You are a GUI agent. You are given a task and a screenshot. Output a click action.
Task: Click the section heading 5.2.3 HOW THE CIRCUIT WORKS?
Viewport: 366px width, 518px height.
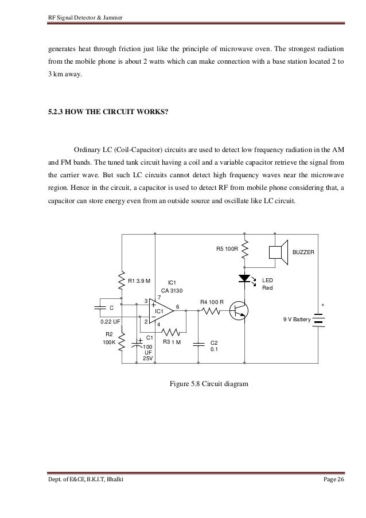(108, 112)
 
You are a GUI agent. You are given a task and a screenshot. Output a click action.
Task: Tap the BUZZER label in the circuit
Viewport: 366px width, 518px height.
(303, 252)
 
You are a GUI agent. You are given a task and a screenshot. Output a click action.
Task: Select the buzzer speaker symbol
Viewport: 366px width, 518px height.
(279, 252)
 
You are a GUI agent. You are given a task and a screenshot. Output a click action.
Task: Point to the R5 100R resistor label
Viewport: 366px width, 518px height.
(227, 249)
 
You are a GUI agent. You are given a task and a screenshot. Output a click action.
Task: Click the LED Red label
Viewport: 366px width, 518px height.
(268, 283)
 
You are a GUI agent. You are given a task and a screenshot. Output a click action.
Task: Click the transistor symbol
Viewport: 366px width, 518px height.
(238, 311)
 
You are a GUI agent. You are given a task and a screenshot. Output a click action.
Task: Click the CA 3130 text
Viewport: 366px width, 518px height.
(172, 290)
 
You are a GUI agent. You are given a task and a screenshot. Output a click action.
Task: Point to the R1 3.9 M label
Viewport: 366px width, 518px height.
(139, 281)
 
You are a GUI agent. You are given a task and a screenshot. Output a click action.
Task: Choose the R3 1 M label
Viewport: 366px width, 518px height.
(172, 342)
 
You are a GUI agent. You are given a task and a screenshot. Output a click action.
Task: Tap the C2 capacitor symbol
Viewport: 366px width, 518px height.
(198, 344)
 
